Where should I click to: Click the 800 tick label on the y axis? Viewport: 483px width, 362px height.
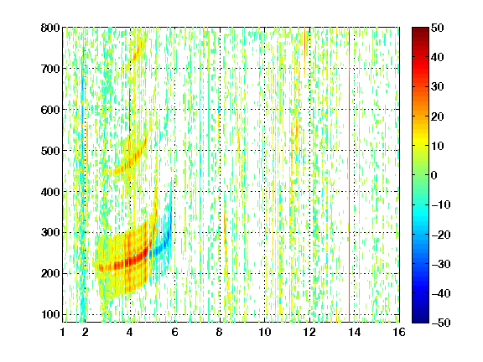50,28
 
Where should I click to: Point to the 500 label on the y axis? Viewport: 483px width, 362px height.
50,151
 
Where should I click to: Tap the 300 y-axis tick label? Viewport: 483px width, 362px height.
50,233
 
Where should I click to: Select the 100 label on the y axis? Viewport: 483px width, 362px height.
50,314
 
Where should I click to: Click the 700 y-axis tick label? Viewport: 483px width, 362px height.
50,69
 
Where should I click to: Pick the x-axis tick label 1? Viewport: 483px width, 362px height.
63,332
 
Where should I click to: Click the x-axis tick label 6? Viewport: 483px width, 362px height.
175,332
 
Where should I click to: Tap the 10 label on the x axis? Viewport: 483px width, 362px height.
265,332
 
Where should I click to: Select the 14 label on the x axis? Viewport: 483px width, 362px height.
355,332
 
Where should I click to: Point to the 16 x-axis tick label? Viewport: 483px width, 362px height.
399,332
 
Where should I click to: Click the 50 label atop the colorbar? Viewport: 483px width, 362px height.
438,28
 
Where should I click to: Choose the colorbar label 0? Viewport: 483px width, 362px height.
434,175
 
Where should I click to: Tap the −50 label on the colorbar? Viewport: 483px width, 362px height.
441,323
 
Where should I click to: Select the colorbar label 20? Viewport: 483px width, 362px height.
438,116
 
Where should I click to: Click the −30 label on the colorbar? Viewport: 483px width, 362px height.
441,264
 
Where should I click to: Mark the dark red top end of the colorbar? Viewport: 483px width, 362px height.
420,29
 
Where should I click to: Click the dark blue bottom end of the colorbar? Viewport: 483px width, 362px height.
420,320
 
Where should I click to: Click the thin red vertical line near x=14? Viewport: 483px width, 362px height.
350,175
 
